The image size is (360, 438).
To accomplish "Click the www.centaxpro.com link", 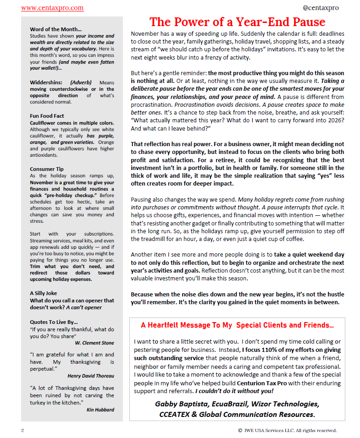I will coord(52,8).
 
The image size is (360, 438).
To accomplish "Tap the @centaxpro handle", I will coord(321,8).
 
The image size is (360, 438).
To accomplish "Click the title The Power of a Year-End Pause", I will coord(237,22).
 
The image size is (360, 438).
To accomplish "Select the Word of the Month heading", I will coord(55,29).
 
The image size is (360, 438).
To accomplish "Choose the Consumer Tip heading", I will coord(47,169).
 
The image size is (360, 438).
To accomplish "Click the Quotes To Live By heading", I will coord(54,322).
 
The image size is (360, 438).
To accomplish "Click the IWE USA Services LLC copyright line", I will coord(288,430).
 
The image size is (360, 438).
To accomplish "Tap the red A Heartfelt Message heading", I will coord(237,325).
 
